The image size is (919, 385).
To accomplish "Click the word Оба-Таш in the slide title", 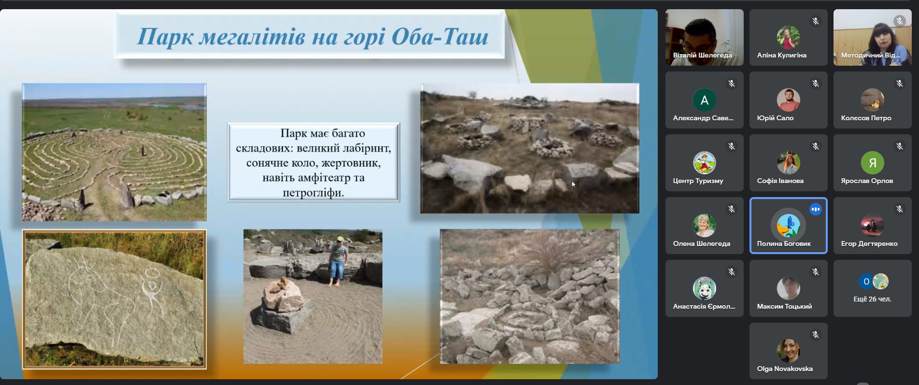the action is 440,36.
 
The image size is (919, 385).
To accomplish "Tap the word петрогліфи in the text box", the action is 313,193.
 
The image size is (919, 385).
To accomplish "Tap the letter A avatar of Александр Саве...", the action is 705,100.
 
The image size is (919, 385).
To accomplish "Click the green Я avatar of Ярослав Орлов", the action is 872,163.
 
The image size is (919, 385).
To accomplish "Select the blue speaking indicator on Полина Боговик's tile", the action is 816,209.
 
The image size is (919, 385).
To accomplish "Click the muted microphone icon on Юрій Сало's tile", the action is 816,84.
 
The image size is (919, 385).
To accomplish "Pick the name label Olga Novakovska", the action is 785,369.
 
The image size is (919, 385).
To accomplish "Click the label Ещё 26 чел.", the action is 872,299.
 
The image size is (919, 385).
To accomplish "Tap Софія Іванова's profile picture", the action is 788,163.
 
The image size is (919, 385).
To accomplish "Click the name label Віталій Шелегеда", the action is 702,55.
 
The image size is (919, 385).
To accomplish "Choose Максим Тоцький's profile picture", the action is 788,288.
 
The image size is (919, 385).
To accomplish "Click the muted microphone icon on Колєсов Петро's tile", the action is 900,84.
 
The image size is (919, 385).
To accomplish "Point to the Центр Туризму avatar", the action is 705,163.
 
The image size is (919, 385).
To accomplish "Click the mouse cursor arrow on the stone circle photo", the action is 573,184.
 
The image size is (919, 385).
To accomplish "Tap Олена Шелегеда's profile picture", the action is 705,226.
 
